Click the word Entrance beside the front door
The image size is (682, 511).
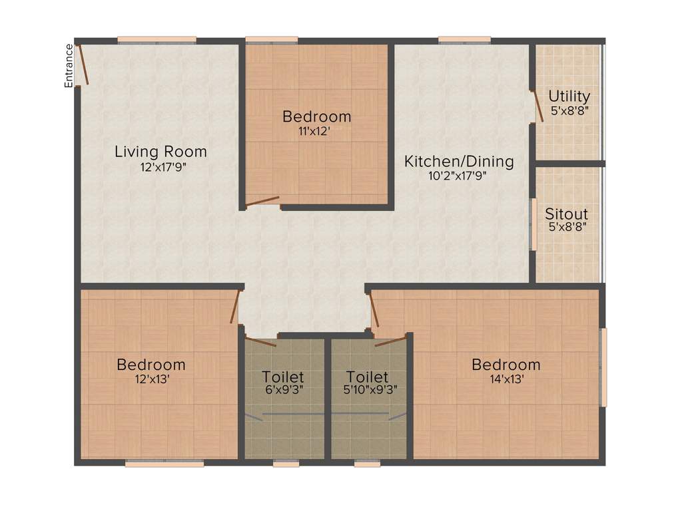(68, 65)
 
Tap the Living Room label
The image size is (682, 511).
(161, 152)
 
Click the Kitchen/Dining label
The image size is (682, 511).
(460, 161)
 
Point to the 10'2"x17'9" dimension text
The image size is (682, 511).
(460, 177)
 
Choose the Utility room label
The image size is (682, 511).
(569, 96)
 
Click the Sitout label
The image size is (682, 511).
(567, 214)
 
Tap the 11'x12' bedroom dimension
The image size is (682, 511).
(316, 132)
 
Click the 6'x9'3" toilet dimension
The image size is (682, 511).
(282, 391)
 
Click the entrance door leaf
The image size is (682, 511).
(81, 64)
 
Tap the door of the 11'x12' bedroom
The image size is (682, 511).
(262, 201)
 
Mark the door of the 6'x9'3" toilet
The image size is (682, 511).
(260, 342)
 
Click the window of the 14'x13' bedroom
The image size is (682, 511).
(603, 367)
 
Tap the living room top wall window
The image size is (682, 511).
(157, 39)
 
